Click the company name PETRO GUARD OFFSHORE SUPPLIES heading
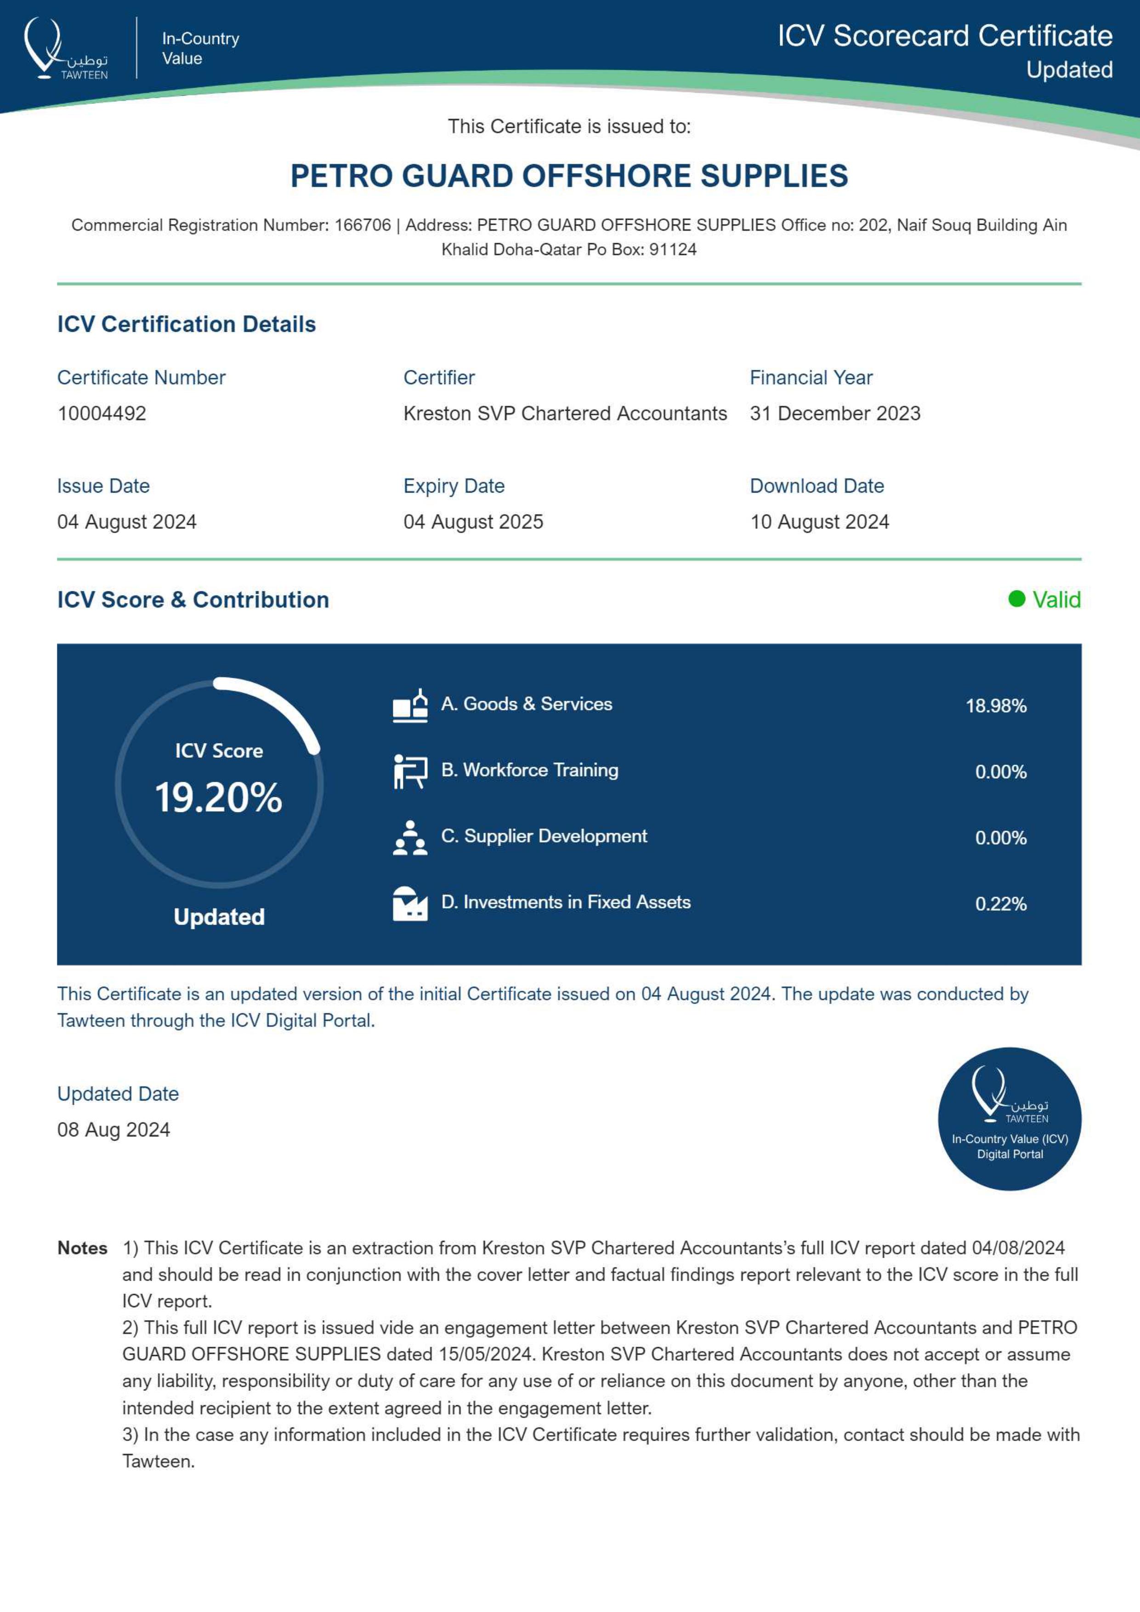tap(569, 176)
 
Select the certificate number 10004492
tap(102, 414)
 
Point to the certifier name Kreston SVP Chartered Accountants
tap(565, 414)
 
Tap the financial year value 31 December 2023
tap(834, 414)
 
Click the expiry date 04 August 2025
tap(473, 522)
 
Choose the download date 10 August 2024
tap(819, 522)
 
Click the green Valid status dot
tap(1016, 599)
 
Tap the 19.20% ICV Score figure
tap(218, 798)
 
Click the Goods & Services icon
tap(410, 706)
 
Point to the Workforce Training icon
tap(410, 772)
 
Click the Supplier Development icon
tap(410, 838)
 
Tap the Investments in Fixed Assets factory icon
tap(410, 903)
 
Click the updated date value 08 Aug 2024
tap(113, 1130)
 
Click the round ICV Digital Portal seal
tap(1010, 1119)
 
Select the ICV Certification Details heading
tap(187, 324)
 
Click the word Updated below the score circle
tap(219, 917)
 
